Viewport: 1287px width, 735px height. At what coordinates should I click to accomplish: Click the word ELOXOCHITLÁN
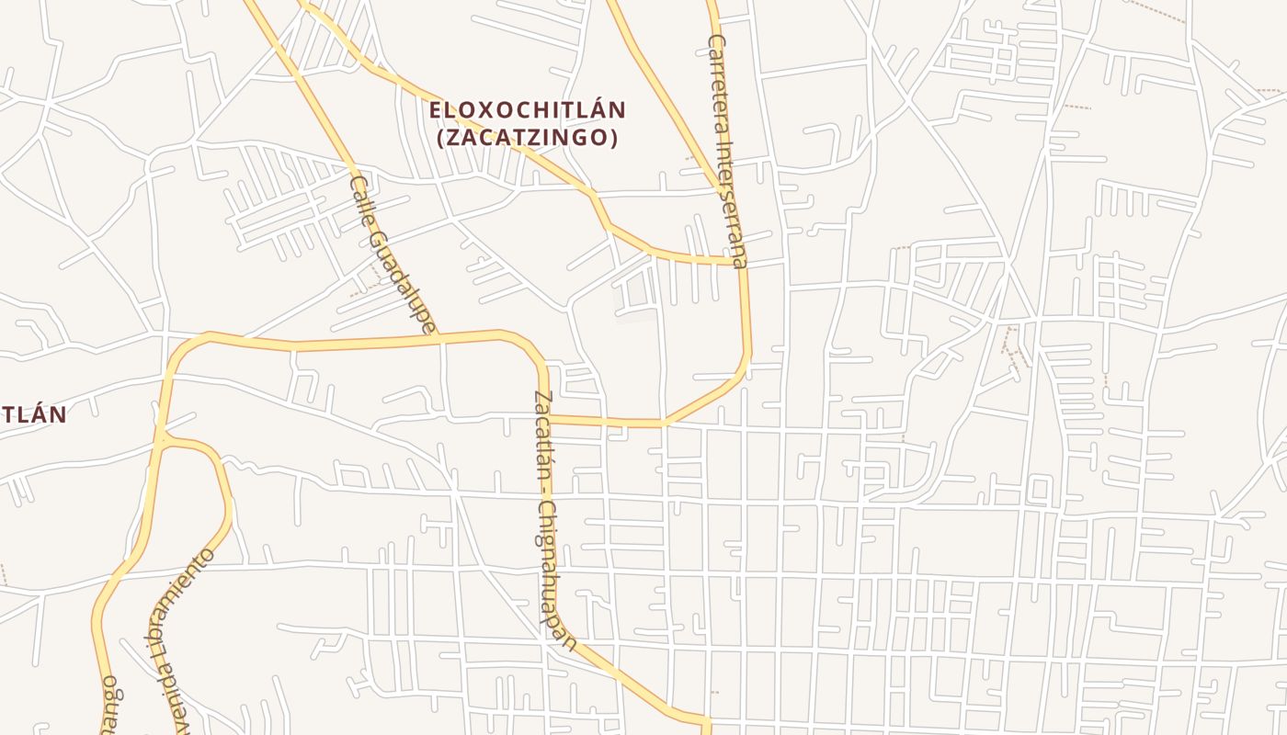pyautogui.click(x=528, y=110)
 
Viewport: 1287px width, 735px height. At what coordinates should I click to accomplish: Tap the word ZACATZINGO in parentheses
pyautogui.click(x=527, y=138)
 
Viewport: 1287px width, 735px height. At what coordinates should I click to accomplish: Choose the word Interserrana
pyautogui.click(x=733, y=202)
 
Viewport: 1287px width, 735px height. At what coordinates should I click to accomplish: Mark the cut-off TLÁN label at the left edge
pyautogui.click(x=33, y=414)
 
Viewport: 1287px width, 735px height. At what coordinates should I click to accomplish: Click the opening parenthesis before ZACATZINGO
pyautogui.click(x=440, y=138)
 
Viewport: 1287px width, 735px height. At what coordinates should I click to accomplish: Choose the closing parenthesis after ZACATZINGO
pyautogui.click(x=613, y=138)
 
